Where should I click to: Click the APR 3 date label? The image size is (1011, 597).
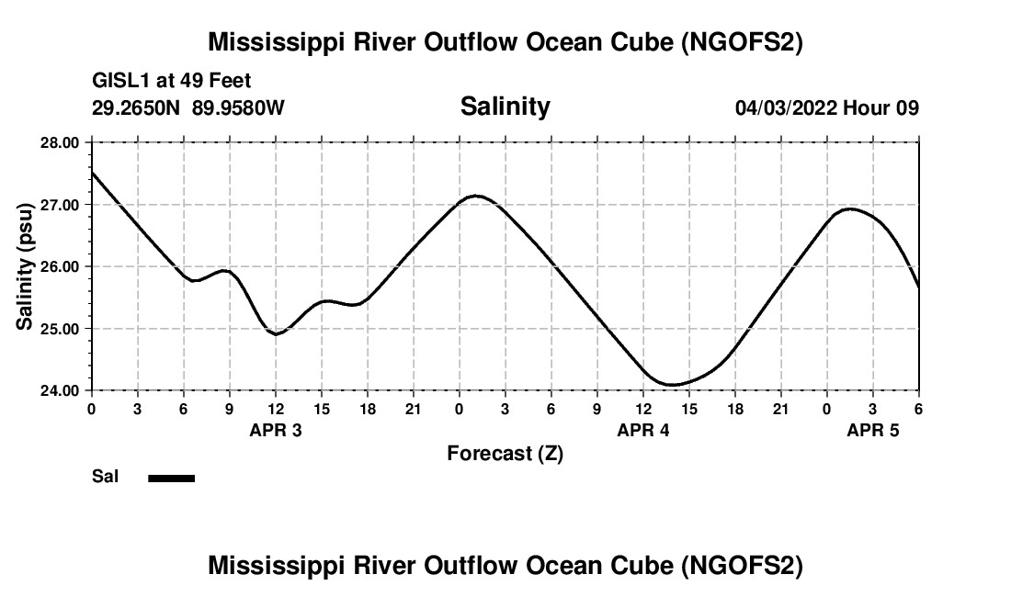(276, 430)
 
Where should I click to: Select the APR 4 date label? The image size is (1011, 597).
(643, 430)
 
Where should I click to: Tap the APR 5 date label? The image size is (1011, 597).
(873, 430)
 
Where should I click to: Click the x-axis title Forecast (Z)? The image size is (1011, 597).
(505, 453)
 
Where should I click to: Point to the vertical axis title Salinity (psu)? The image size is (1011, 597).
(25, 266)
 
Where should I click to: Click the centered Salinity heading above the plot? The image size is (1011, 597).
(505, 107)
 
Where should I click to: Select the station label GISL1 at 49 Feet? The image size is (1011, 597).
(172, 82)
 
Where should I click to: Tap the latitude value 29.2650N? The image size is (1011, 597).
(137, 108)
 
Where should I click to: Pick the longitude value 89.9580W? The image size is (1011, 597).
(238, 108)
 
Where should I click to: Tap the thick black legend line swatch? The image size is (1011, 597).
(172, 478)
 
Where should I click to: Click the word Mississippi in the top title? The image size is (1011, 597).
(273, 42)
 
